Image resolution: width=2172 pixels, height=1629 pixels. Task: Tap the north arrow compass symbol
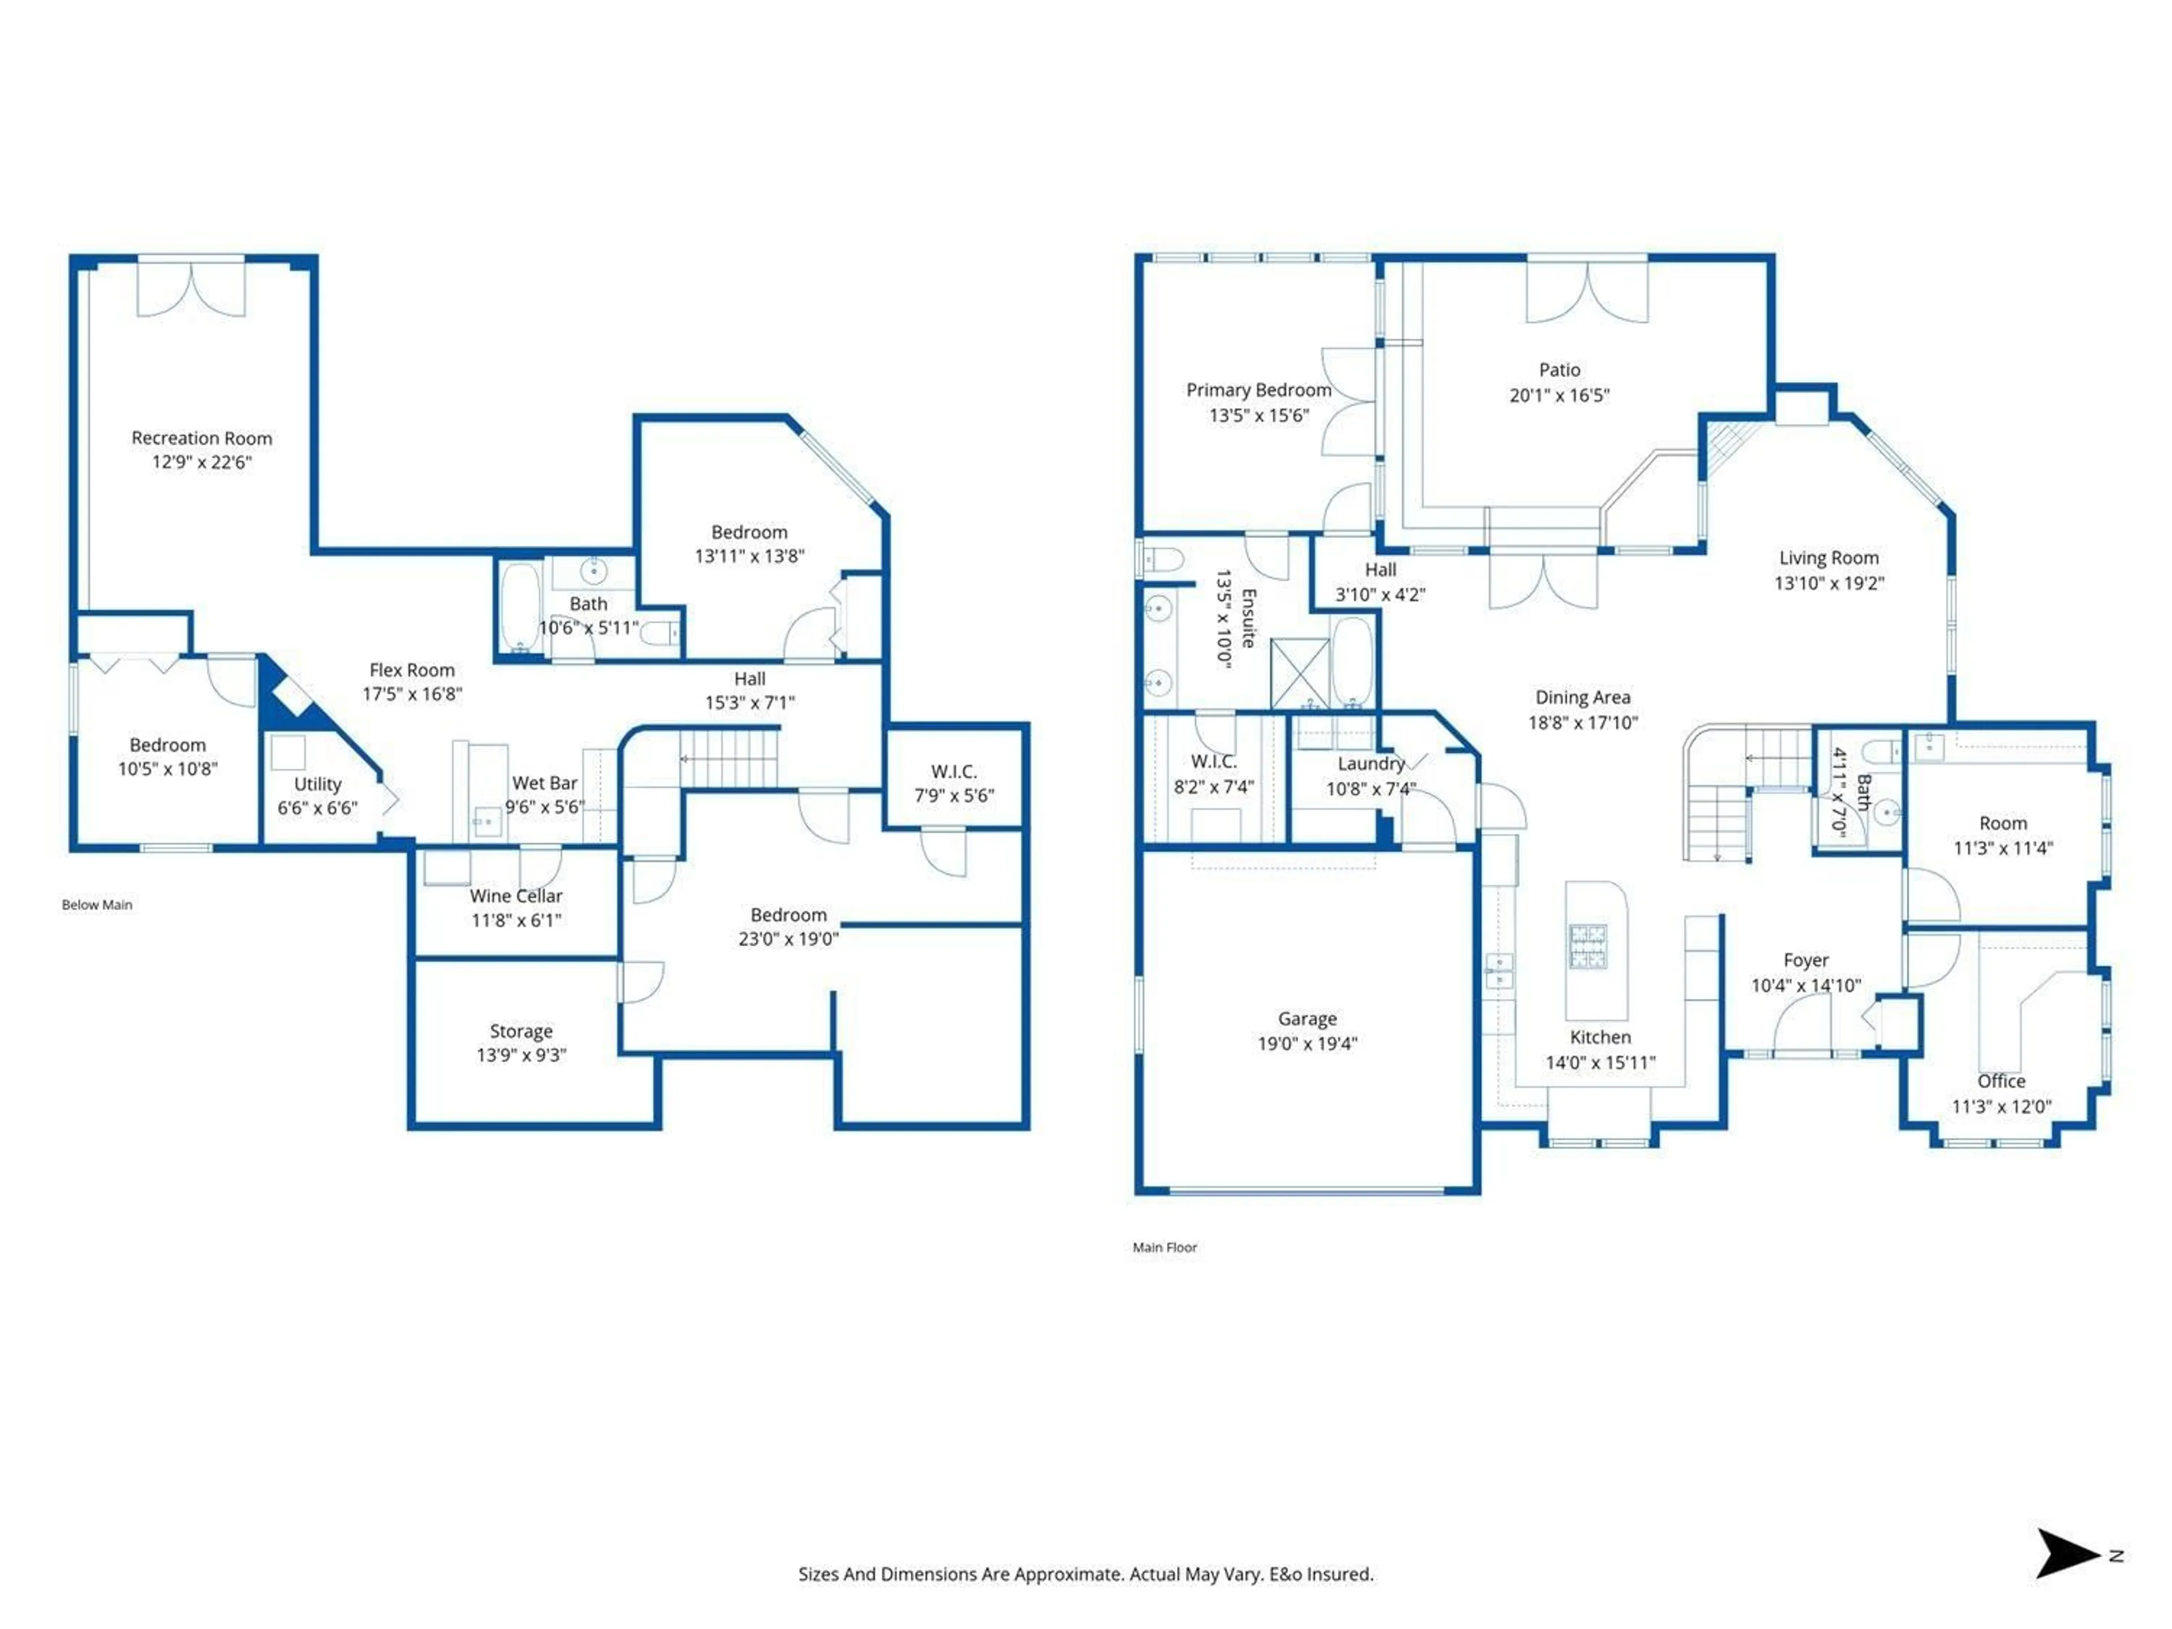coord(2066,1553)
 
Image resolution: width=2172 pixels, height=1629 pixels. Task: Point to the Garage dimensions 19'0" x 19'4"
coord(1307,1044)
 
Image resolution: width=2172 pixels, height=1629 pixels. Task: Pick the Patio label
coord(1559,370)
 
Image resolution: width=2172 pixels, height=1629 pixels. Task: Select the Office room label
coord(2001,1081)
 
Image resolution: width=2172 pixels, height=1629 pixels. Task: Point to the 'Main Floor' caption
coord(1165,1248)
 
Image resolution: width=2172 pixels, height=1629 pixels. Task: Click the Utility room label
coord(317,783)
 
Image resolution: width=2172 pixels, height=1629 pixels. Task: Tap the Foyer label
coord(1805,960)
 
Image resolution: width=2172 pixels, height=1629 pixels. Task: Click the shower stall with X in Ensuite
coord(1300,673)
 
